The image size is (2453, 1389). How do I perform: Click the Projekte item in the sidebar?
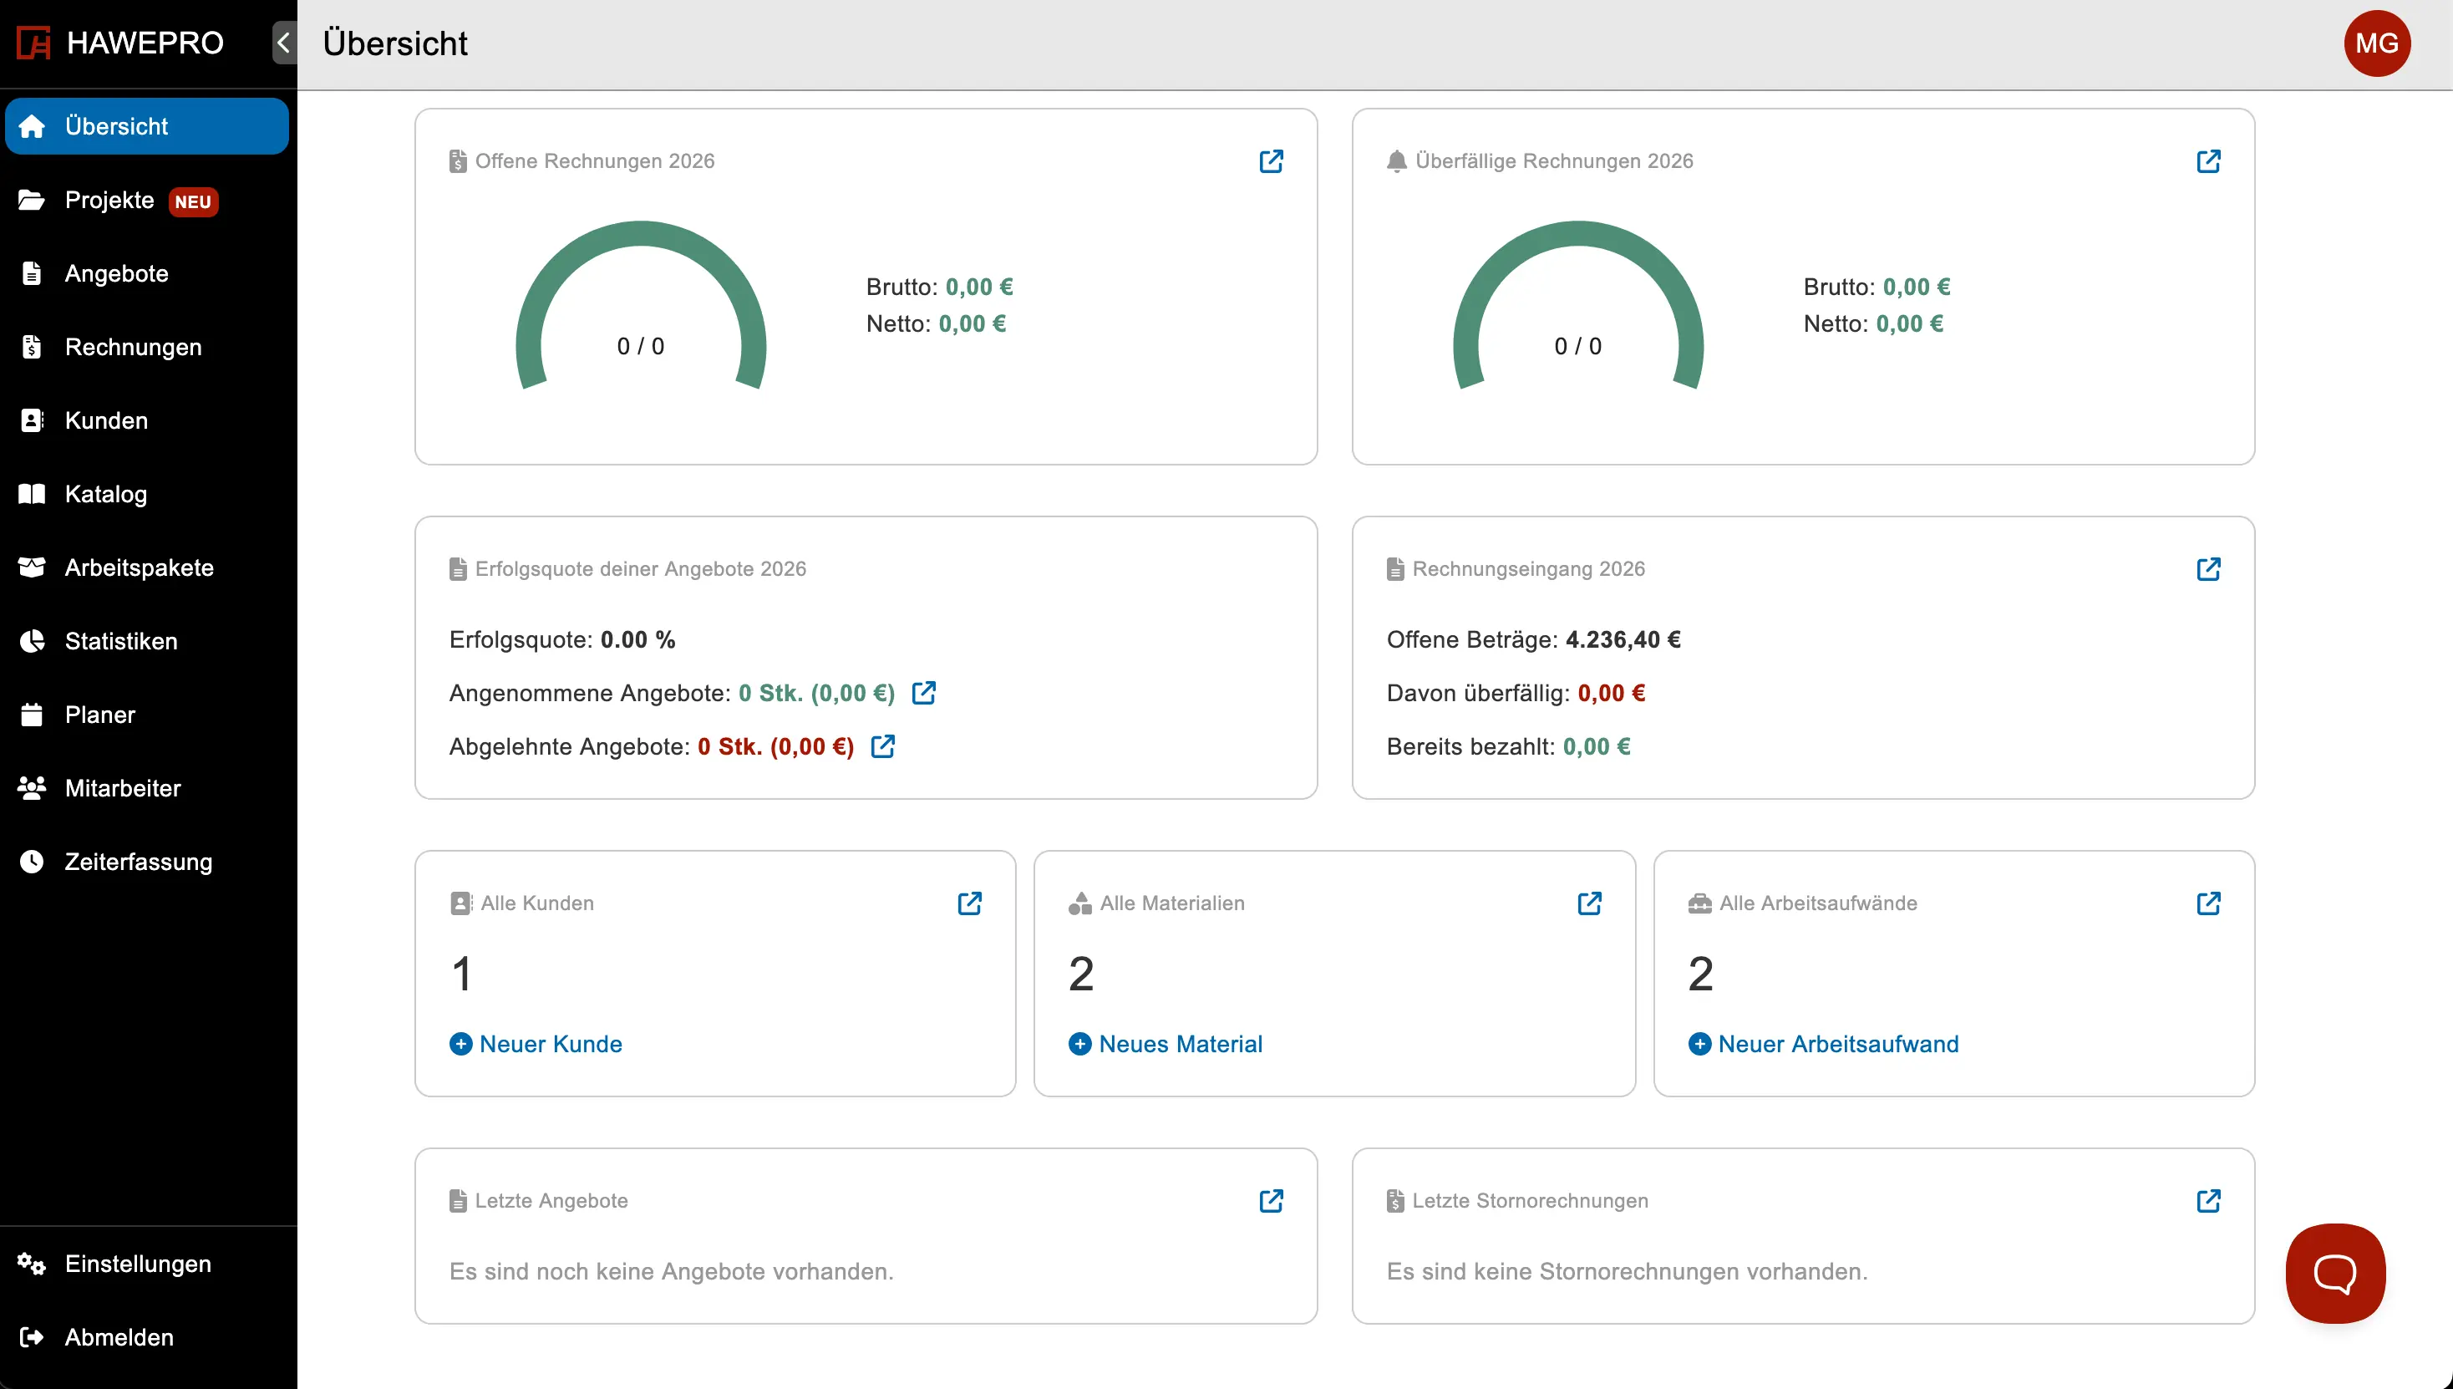click(109, 201)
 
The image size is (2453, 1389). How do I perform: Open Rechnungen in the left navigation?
click(133, 348)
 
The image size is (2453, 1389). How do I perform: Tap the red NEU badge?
click(193, 202)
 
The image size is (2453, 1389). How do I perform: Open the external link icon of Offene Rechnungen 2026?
click(1271, 161)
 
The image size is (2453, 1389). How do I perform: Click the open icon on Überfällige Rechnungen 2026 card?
click(2208, 161)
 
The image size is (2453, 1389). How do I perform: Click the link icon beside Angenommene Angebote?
click(923, 693)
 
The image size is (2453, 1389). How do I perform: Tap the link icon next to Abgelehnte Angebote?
click(882, 746)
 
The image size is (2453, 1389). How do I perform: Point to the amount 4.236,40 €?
click(1623, 639)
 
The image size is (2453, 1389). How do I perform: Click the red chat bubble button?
click(2334, 1273)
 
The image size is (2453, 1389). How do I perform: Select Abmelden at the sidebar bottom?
click(119, 1337)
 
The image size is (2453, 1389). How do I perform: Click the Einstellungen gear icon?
click(32, 1264)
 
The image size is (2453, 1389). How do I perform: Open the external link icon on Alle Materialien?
click(1589, 903)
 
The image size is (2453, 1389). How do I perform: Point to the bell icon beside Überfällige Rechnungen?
click(1396, 161)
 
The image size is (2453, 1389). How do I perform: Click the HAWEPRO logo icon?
click(33, 43)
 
